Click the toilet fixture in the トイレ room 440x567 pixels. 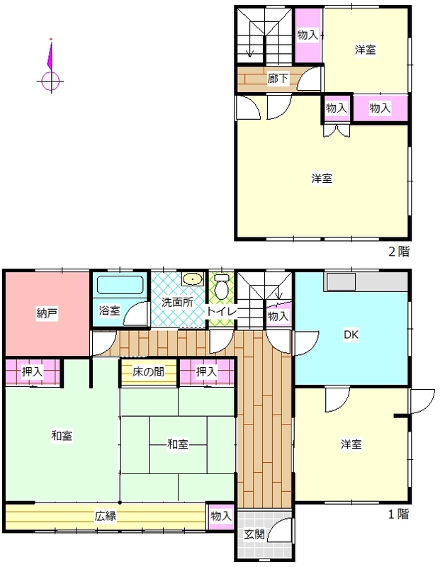pos(221,286)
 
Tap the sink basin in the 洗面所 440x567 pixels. pos(193,279)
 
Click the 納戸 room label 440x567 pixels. pos(47,313)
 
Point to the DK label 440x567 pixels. pos(351,335)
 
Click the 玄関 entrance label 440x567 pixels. pos(254,534)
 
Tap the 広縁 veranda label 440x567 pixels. pos(106,516)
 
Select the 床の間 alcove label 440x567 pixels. pos(148,371)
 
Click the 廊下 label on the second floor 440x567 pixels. pos(278,78)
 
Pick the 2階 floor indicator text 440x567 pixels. pos(399,252)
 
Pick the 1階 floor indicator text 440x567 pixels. pos(399,514)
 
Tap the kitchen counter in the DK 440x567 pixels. pos(367,281)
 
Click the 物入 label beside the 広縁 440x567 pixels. pos(221,516)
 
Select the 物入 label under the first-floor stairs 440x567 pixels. pos(278,316)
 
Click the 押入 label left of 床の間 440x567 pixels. pos(32,371)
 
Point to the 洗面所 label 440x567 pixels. pos(177,302)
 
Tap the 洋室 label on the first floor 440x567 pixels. pos(351,444)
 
